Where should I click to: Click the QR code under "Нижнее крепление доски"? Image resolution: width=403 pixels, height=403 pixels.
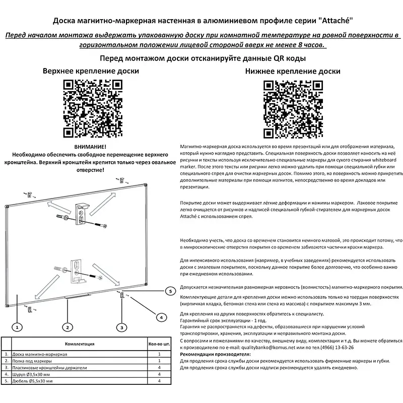(x=293, y=109)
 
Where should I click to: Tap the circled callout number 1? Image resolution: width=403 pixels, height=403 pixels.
(x=17, y=327)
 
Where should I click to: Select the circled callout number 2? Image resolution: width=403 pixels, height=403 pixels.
(x=66, y=327)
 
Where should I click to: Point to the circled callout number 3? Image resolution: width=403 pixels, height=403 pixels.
(x=121, y=327)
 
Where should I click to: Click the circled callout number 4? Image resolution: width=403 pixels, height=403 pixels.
(x=160, y=317)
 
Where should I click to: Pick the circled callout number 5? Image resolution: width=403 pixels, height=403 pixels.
(x=170, y=291)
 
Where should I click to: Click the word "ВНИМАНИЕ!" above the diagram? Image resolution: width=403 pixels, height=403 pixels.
(x=90, y=146)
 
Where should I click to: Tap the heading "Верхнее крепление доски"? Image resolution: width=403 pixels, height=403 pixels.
(x=91, y=71)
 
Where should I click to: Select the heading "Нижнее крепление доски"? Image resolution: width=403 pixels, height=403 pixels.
(x=293, y=72)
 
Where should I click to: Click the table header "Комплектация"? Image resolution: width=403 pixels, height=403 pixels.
(x=80, y=345)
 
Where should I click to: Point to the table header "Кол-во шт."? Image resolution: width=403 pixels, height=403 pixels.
(x=159, y=345)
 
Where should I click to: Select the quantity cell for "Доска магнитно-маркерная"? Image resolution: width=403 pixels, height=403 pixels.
(x=159, y=355)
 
